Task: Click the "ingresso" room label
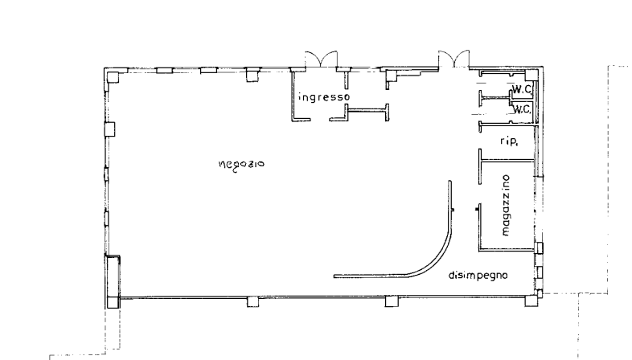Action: click(x=325, y=97)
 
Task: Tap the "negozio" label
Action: click(x=241, y=164)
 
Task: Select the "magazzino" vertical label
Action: click(x=507, y=206)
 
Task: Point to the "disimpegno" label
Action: click(x=478, y=276)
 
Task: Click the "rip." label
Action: click(x=509, y=141)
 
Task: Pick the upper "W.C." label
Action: click(x=522, y=89)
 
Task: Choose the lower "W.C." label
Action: click(x=522, y=108)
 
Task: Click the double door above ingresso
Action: click(x=321, y=59)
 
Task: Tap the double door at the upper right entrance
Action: click(x=453, y=59)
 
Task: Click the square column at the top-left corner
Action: click(x=113, y=77)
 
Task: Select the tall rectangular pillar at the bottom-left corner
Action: click(x=113, y=281)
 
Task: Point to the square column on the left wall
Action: click(x=109, y=129)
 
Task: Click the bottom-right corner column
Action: click(x=531, y=301)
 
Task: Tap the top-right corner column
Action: click(x=531, y=76)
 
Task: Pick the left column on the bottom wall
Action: click(x=252, y=301)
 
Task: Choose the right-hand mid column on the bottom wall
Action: click(x=392, y=301)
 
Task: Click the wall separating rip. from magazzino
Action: click(x=508, y=161)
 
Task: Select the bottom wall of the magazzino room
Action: click(x=507, y=250)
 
